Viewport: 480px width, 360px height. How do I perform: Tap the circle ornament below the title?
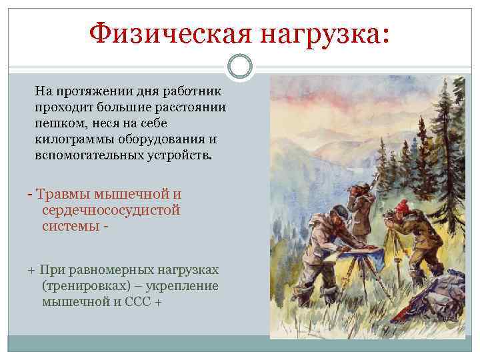point(240,67)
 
